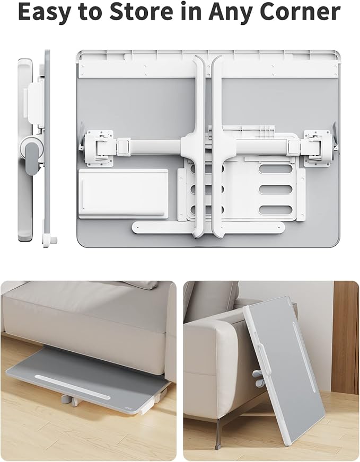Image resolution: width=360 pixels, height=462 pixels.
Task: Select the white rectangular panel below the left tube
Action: coord(122,193)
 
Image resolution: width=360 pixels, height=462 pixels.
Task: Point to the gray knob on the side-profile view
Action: coord(32,159)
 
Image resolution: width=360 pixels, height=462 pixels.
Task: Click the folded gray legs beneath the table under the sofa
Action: coord(73,401)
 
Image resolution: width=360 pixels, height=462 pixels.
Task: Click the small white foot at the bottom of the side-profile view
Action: coord(51,240)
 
